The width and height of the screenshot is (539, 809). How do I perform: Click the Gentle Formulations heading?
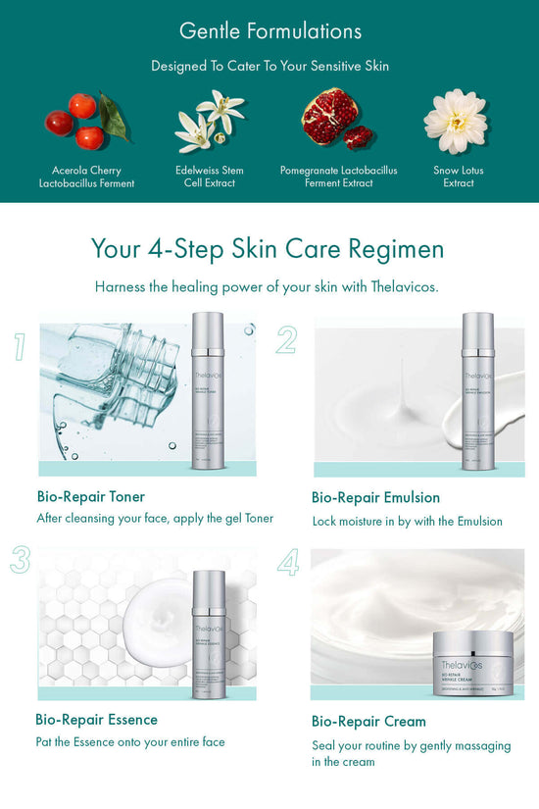coord(269,30)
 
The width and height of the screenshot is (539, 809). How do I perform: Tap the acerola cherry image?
coord(86,121)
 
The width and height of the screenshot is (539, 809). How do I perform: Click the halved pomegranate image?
coord(336,120)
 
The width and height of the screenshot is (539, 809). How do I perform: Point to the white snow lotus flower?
coord(456,121)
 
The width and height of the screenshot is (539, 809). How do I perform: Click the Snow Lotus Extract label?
coord(459,177)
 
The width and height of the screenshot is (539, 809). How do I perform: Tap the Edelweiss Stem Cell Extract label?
coord(210,177)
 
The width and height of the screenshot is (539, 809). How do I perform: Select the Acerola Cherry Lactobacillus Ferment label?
coord(86,177)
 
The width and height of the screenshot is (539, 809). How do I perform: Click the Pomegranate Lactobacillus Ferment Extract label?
coord(339,177)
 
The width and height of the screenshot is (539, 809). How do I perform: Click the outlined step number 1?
coord(20,346)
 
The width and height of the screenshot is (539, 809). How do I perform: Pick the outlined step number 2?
coord(286,340)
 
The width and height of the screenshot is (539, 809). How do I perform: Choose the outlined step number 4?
coord(288,562)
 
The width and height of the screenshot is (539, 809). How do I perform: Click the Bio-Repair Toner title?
coord(91,496)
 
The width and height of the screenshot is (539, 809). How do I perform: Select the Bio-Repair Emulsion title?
coord(375,497)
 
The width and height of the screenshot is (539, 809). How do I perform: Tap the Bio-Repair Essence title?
coord(96,719)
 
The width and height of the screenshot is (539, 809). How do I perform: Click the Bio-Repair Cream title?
coord(368,721)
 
